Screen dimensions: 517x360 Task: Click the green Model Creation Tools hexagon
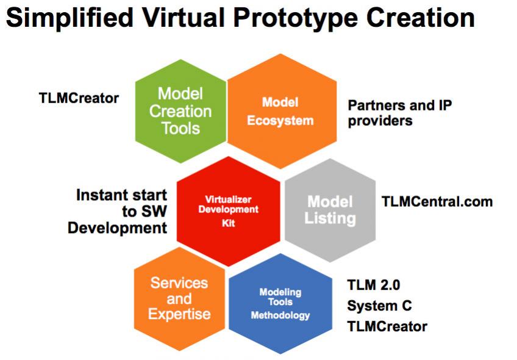(180, 111)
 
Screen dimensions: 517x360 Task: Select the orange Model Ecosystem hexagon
(282, 111)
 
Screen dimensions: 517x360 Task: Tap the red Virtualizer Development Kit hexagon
(229, 211)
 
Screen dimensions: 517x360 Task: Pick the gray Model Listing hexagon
(330, 210)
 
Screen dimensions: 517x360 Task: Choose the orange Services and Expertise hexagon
(179, 299)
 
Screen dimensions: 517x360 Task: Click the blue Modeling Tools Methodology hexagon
(280, 304)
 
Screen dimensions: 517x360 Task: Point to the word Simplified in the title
(70, 18)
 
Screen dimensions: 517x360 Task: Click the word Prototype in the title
(296, 18)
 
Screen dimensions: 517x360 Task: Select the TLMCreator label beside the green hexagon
(79, 98)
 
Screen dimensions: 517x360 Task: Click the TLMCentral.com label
(437, 201)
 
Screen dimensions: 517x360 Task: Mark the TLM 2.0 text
(374, 285)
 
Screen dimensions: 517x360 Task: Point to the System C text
(379, 306)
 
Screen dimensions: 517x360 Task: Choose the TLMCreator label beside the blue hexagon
(387, 326)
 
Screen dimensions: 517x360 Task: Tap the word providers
(380, 121)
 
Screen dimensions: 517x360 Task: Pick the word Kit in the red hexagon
(229, 223)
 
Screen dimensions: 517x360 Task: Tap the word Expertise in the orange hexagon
(179, 314)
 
